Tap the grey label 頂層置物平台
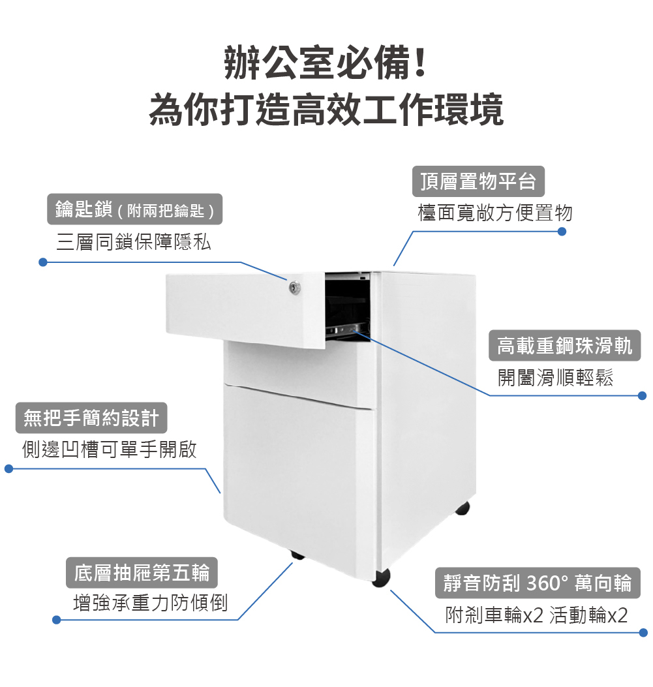(x=478, y=181)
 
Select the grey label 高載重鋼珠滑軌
(x=564, y=346)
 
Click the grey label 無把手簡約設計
(x=91, y=418)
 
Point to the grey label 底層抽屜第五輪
(x=142, y=573)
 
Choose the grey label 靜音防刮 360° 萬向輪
(x=538, y=583)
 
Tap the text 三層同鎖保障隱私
(x=134, y=243)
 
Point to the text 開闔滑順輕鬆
(x=556, y=378)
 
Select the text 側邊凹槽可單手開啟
(x=110, y=450)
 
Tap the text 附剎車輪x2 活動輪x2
(x=536, y=615)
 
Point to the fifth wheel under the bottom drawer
(x=297, y=555)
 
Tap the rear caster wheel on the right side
(x=463, y=508)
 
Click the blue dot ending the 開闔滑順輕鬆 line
(x=642, y=395)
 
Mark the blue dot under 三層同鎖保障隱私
(x=42, y=262)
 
